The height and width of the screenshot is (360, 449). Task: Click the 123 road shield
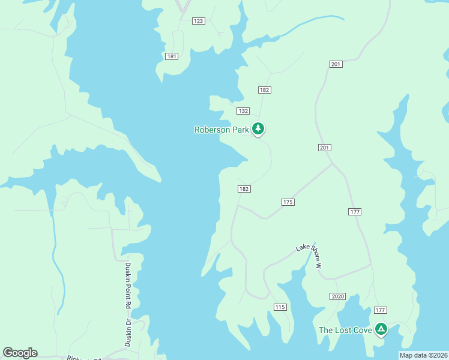[199, 21]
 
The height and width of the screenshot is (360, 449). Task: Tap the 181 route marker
[172, 56]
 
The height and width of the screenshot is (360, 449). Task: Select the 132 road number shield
[243, 111]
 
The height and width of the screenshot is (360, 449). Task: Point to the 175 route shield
[288, 202]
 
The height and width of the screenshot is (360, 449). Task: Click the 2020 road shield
[337, 296]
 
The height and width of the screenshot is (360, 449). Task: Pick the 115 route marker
[280, 307]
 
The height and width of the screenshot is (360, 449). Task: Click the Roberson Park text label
[221, 130]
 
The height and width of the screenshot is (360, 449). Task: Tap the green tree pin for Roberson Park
[258, 128]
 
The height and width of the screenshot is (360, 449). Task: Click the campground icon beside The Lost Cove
[381, 329]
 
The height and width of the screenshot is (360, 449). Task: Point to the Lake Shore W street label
[309, 256]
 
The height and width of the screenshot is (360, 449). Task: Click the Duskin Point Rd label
[128, 285]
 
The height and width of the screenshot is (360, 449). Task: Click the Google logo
[20, 353]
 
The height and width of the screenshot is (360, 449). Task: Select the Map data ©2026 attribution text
[423, 355]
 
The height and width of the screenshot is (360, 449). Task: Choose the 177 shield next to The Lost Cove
[380, 310]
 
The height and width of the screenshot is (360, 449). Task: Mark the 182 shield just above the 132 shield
[265, 90]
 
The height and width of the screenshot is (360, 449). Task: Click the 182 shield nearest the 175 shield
[244, 188]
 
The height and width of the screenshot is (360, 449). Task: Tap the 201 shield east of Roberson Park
[325, 148]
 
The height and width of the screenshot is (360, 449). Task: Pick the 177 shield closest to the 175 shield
[354, 211]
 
